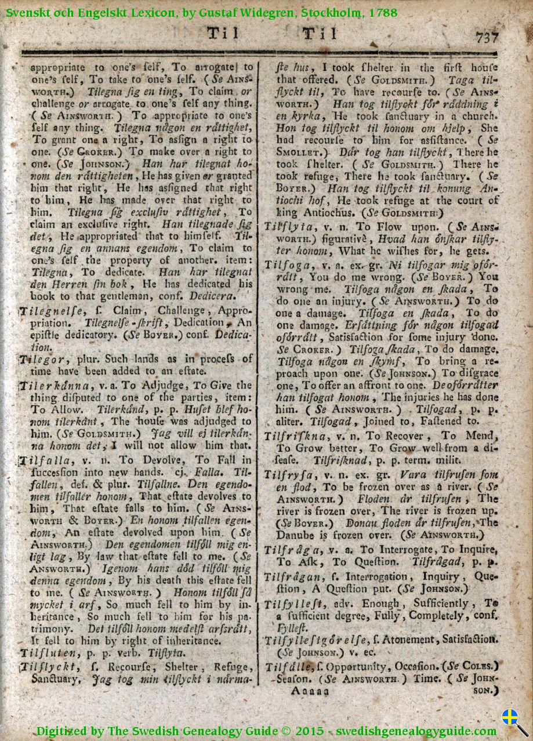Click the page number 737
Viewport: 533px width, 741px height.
[487, 38]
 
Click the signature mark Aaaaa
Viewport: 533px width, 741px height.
[310, 691]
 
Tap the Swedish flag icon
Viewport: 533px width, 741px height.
[509, 717]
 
